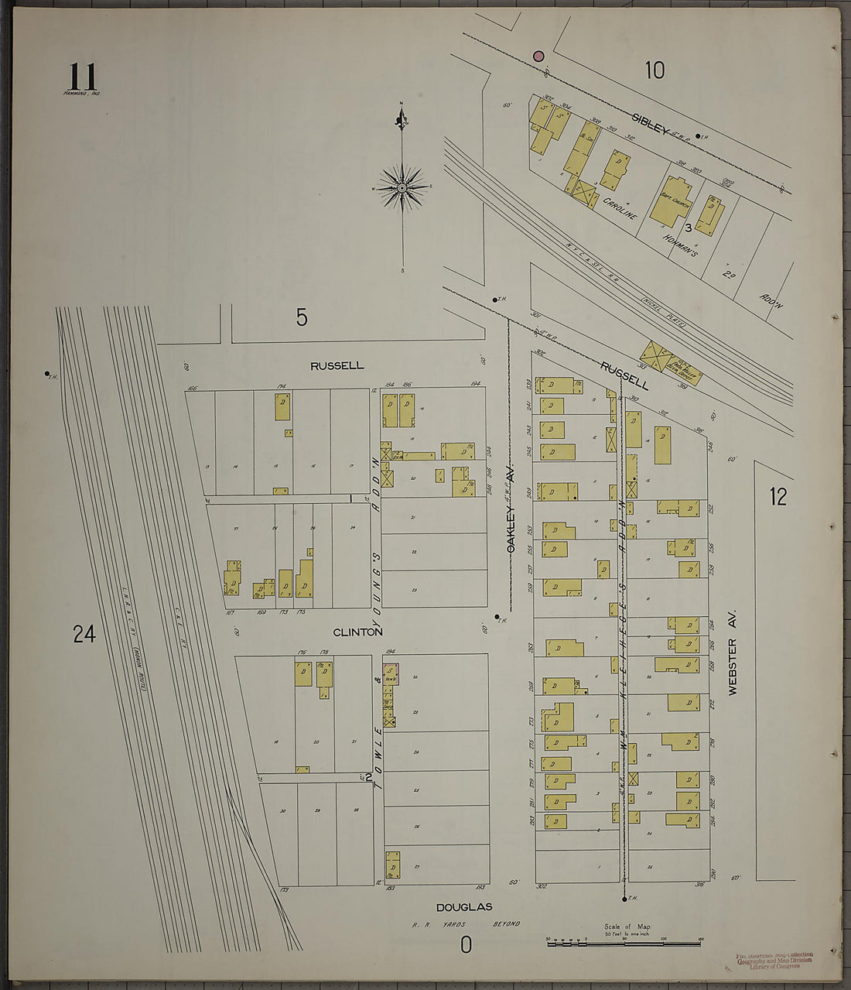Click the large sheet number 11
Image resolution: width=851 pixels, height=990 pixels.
tap(83, 77)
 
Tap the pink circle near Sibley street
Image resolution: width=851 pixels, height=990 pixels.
tap(538, 56)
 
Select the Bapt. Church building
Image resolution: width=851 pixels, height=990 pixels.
tap(672, 201)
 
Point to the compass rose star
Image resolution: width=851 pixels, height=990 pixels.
tap(402, 187)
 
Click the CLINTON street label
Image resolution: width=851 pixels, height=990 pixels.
tap(357, 632)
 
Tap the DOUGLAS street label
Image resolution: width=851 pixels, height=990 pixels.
tap(463, 907)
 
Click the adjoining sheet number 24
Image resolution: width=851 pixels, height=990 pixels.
tap(84, 635)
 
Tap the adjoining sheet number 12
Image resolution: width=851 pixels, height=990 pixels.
tap(778, 497)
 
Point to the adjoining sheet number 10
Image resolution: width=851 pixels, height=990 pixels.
tap(654, 70)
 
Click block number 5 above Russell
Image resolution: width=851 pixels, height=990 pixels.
tap(302, 317)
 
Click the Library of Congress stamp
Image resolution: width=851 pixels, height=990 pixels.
tap(774, 961)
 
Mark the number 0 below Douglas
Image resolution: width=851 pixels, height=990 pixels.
tap(466, 945)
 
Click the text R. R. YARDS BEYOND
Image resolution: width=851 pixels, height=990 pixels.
tap(466, 924)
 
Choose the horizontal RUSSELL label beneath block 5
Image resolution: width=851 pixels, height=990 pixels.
tap(337, 365)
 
